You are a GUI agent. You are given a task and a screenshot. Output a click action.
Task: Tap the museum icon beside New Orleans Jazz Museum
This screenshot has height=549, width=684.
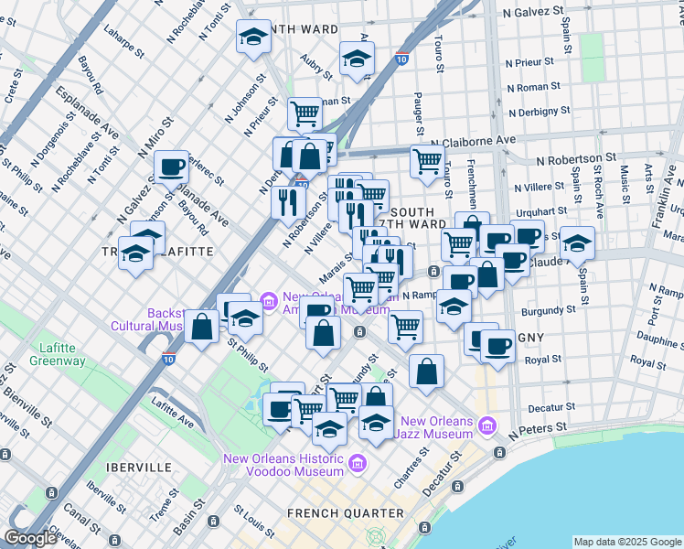pos(487,425)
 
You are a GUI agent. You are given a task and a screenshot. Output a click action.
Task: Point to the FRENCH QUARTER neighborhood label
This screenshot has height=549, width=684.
pos(333,512)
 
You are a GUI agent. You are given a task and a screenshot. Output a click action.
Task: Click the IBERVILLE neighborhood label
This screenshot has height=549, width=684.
pos(138,467)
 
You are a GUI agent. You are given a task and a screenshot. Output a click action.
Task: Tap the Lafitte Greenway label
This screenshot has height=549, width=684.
pos(61,354)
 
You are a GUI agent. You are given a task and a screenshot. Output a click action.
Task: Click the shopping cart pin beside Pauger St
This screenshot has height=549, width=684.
pos(427,161)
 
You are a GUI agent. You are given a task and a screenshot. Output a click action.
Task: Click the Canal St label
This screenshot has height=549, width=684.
pos(82,521)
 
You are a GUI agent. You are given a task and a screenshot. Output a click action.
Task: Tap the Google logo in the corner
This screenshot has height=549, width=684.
pos(30,538)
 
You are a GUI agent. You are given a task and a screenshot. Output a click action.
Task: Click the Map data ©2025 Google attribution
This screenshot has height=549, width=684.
pos(627,542)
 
